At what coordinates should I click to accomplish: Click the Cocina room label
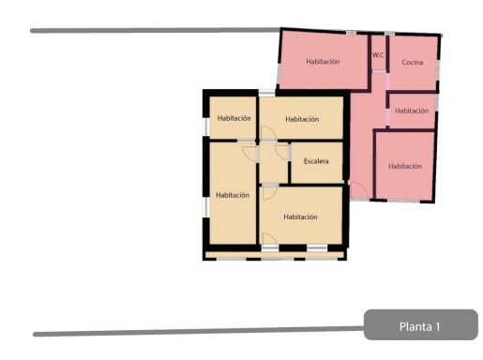[413, 62]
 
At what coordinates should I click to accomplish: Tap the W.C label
[378, 55]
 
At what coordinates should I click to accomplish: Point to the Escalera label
[316, 161]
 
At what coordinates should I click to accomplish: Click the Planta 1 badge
[421, 324]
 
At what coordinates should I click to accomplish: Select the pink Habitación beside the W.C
[324, 62]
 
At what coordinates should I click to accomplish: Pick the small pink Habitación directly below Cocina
[412, 111]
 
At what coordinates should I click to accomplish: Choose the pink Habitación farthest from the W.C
[404, 166]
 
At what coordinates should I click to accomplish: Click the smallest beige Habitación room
[233, 118]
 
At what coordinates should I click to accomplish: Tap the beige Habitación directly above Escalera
[302, 118]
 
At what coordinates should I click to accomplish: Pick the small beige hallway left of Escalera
[274, 163]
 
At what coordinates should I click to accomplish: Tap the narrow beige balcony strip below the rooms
[275, 255]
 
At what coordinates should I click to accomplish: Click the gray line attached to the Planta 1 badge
[199, 331]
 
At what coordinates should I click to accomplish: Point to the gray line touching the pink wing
[156, 30]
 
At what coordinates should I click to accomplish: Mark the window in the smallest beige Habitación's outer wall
[205, 127]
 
